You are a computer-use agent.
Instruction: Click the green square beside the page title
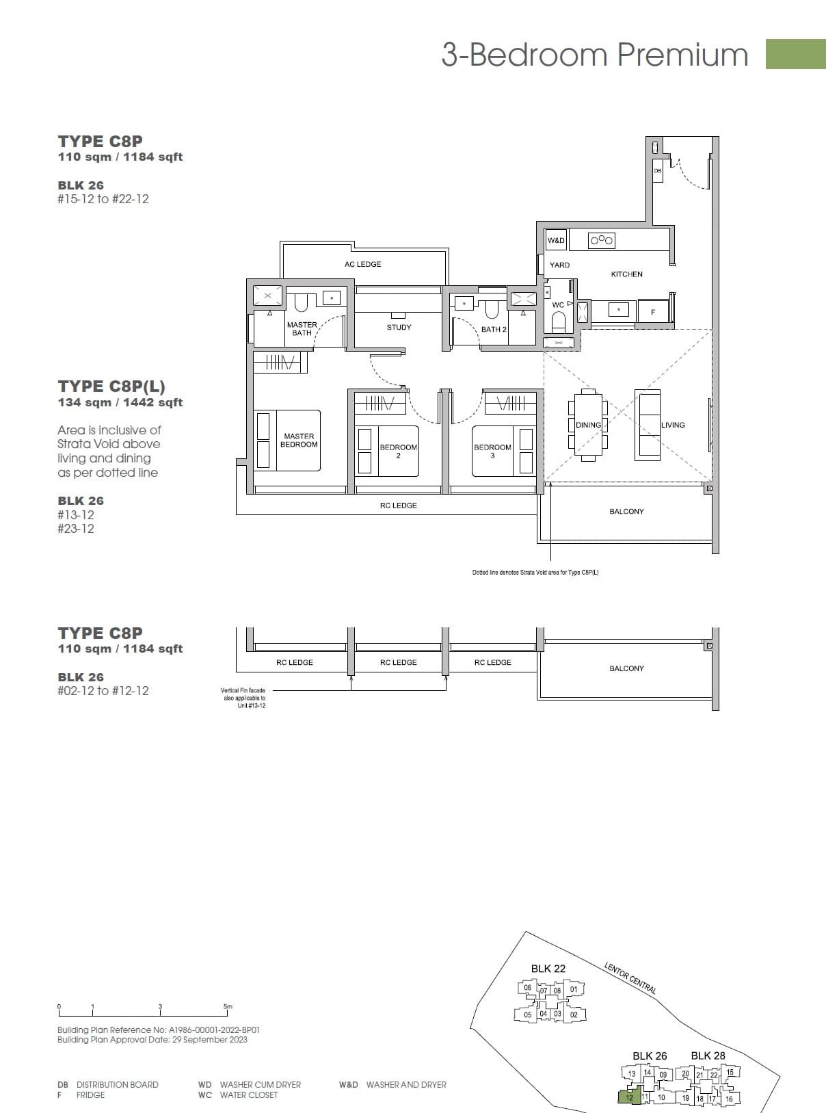795,54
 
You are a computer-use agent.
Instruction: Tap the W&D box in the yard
556,240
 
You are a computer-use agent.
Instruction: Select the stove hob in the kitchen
602,240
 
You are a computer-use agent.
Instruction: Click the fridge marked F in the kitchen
653,312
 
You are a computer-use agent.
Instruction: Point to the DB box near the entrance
657,170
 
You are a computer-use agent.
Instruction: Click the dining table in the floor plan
588,425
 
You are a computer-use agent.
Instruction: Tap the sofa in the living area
648,425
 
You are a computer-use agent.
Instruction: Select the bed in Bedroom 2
388,451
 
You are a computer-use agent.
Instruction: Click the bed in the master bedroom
287,441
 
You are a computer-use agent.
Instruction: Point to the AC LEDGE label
362,264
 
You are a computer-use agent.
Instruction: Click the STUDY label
399,327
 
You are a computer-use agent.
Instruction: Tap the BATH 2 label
494,329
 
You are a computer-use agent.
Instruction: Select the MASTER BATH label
302,329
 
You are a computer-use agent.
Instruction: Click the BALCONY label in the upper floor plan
626,512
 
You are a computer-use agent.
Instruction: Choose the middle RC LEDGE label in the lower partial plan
398,662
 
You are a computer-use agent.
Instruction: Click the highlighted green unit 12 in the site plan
628,1097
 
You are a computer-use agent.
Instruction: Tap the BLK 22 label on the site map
548,969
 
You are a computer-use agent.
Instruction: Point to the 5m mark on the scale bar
228,1007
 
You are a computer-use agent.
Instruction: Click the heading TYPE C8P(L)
111,387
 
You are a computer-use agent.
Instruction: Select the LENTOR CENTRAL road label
630,978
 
